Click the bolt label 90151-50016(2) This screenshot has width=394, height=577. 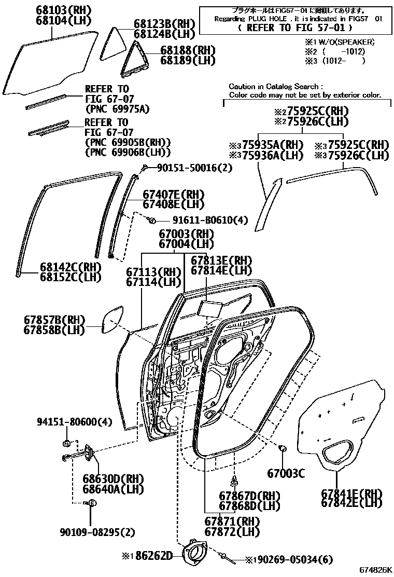tap(195, 168)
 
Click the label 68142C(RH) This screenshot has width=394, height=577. tap(71, 267)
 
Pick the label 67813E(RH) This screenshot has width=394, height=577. tap(221, 260)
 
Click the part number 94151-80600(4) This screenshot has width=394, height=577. tap(74, 422)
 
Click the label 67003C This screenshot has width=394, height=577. tap(286, 473)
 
